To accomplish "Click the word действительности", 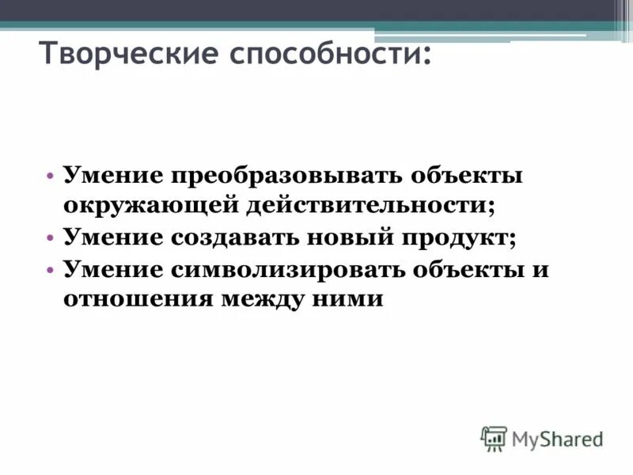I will click(368, 205).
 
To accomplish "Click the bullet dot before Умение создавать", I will click(50, 237).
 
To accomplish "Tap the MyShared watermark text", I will click(557, 438).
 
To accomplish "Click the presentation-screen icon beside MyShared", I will click(494, 438).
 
